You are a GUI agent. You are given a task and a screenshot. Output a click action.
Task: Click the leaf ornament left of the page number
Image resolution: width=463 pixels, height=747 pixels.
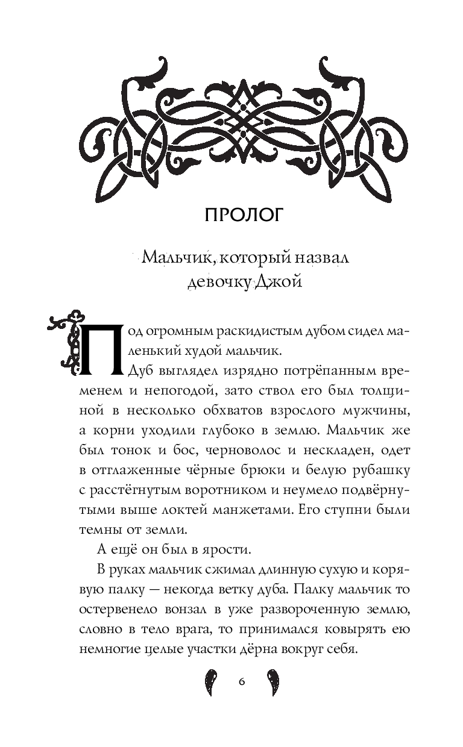click(x=210, y=681)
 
